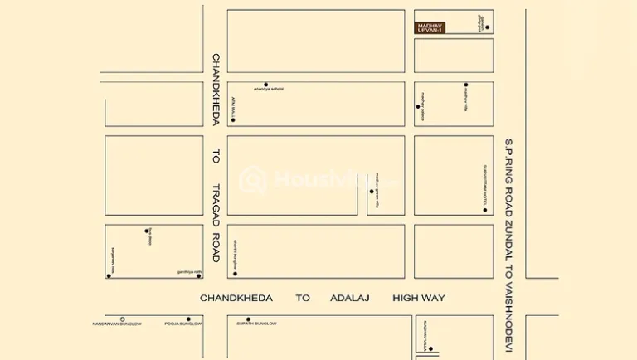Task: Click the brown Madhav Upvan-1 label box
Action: click(x=430, y=27)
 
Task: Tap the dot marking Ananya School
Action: click(x=266, y=84)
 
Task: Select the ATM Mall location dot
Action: click(x=233, y=120)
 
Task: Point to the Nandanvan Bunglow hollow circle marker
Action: click(x=123, y=319)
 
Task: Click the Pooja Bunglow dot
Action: click(x=188, y=319)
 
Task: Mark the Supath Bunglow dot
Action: click(x=248, y=319)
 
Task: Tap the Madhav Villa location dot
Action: click(x=430, y=348)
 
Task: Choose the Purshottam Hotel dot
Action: click(x=485, y=210)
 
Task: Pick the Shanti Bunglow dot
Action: click(x=235, y=273)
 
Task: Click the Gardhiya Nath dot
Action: click(x=199, y=275)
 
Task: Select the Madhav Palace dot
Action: click(x=417, y=106)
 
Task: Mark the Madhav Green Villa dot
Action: click(x=372, y=192)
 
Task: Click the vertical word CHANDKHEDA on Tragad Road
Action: click(x=216, y=90)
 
